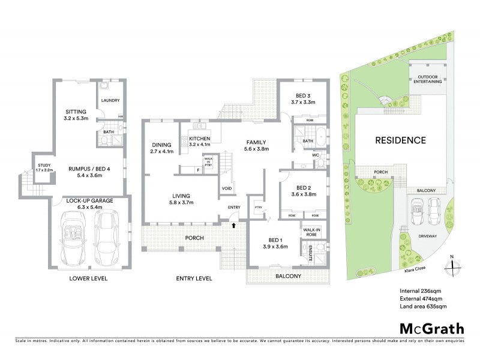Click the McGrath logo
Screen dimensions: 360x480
(431, 328)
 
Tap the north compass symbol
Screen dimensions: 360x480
(451, 262)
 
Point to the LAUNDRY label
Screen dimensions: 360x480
(110, 100)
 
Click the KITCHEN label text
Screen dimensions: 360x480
(199, 139)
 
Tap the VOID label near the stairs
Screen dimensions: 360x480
(227, 188)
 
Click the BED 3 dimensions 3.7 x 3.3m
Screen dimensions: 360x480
(302, 103)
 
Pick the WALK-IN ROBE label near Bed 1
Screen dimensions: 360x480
(310, 232)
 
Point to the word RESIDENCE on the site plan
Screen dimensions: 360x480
(400, 140)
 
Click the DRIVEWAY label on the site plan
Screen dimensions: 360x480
(428, 236)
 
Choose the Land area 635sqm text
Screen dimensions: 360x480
(423, 307)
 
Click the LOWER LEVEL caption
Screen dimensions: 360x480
(88, 278)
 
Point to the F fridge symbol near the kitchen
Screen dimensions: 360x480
(199, 170)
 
